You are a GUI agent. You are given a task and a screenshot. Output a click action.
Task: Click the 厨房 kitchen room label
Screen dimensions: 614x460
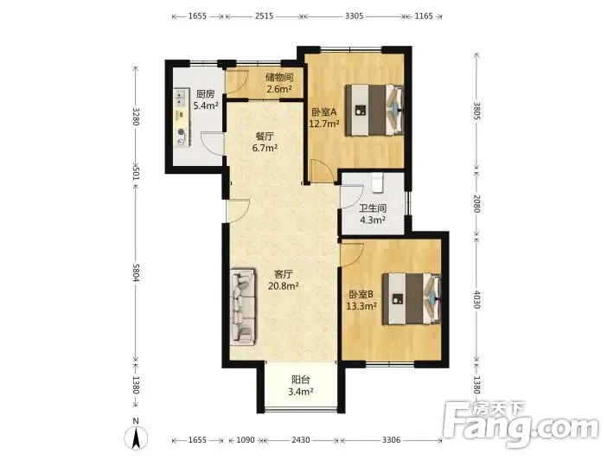[206, 94]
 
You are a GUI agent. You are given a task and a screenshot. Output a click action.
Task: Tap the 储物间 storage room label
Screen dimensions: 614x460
[279, 77]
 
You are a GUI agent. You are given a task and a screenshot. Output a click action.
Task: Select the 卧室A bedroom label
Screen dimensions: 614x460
[323, 112]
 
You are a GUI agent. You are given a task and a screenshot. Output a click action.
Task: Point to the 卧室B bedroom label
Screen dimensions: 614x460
[361, 294]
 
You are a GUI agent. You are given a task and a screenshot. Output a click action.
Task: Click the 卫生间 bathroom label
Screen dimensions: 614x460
[373, 208]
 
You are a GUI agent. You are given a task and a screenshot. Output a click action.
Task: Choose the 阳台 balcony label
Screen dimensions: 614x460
[301, 380]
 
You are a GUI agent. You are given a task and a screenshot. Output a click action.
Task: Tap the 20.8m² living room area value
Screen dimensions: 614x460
[284, 286]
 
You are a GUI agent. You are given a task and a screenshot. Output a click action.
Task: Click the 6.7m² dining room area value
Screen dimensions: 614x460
[265, 149]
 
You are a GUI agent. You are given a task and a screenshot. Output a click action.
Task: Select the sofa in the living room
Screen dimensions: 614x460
[243, 307]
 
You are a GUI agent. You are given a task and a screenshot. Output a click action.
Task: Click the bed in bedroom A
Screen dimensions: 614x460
[374, 110]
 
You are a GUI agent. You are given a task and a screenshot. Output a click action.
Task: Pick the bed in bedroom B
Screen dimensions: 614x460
[412, 298]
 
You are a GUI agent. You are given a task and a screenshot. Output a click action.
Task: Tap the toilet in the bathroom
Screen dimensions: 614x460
[377, 182]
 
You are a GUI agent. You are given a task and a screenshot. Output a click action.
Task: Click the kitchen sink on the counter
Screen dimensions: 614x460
[181, 98]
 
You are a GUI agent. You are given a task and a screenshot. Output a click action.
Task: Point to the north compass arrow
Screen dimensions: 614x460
[136, 438]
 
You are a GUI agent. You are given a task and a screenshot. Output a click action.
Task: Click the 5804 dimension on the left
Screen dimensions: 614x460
[136, 272]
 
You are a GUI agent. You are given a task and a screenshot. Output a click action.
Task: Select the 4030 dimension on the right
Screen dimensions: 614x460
[476, 299]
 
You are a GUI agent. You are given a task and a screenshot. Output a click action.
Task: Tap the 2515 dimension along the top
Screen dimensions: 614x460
[264, 16]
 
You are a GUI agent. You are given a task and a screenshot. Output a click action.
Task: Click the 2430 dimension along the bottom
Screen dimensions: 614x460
[300, 439]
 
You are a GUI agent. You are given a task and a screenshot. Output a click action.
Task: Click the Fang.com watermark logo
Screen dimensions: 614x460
[522, 424]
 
